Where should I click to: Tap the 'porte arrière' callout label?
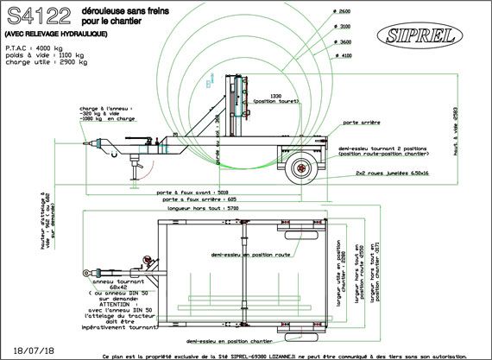click(363, 123)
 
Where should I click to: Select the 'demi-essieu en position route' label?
click(253, 255)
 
